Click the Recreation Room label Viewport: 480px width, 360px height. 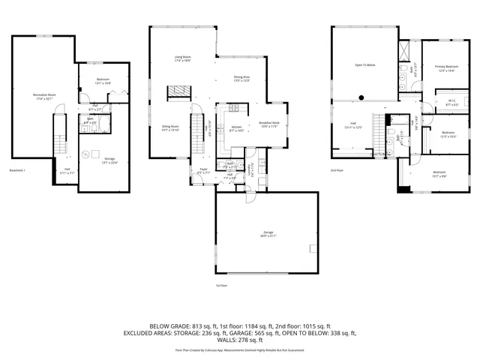click(x=46, y=95)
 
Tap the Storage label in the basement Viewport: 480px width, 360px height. click(x=109, y=160)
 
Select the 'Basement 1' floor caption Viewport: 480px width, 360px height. click(x=16, y=169)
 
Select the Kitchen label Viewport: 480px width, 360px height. click(x=235, y=127)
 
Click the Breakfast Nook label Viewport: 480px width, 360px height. click(x=269, y=124)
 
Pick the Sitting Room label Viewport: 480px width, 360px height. click(x=170, y=128)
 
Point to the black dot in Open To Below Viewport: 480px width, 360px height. click(x=361, y=96)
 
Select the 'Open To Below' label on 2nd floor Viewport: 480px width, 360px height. click(x=365, y=65)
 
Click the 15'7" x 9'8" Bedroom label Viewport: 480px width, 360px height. click(x=439, y=175)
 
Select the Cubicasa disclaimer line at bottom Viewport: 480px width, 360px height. click(x=240, y=349)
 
